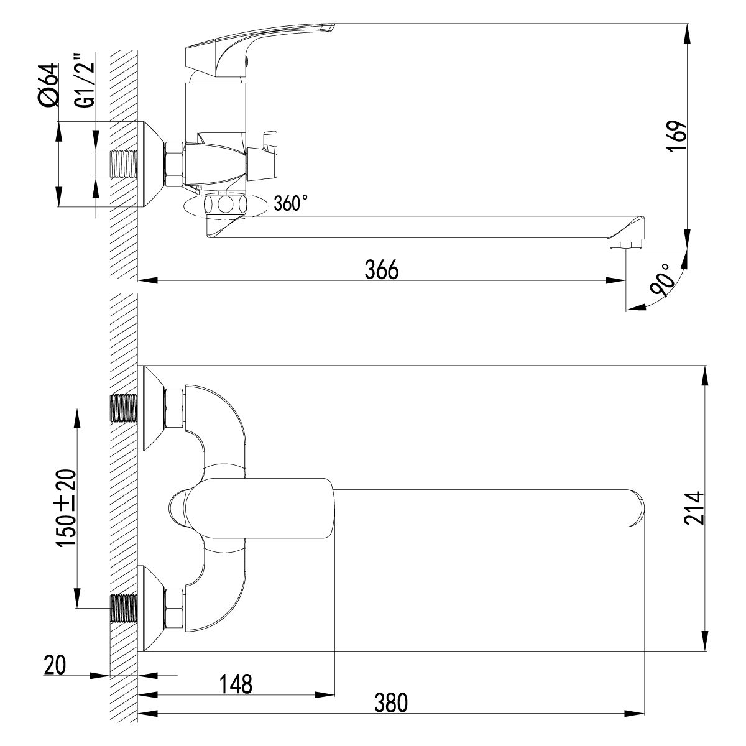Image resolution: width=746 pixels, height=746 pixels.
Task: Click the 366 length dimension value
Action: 380,270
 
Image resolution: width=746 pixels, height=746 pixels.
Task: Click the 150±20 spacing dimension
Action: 67,508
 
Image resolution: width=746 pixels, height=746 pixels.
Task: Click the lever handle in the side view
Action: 261,39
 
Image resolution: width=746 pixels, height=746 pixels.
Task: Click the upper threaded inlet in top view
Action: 123,408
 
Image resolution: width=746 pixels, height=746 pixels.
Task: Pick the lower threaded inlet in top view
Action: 123,608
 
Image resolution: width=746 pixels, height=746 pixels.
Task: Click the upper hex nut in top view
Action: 173,408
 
